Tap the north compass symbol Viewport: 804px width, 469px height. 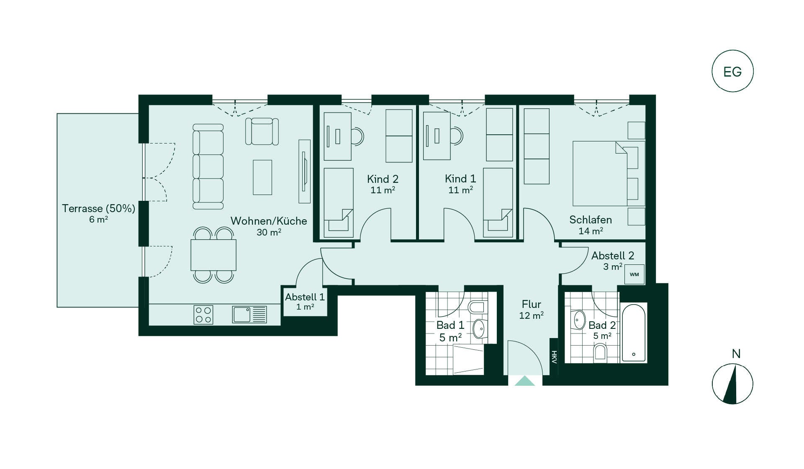[732, 384]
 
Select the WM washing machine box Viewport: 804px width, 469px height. [634, 274]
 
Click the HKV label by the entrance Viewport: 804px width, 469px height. [554, 357]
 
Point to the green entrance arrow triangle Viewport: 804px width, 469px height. [525, 381]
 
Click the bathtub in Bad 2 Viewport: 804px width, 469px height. [634, 333]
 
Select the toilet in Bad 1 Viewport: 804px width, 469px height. [477, 307]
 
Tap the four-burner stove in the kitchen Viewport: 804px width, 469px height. [203, 315]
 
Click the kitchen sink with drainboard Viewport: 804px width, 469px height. [249, 315]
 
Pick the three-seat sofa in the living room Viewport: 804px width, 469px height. [208, 167]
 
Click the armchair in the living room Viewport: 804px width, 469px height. [262, 131]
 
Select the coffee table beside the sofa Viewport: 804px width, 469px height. [262, 177]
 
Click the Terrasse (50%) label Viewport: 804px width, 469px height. [99, 208]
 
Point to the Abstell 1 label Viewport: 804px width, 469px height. [305, 297]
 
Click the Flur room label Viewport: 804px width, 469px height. [532, 304]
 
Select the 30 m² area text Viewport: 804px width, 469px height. [269, 232]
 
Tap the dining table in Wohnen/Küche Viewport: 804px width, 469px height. [213, 255]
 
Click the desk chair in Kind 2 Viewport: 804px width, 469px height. [357, 136]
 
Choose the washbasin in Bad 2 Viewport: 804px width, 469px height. [579, 320]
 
